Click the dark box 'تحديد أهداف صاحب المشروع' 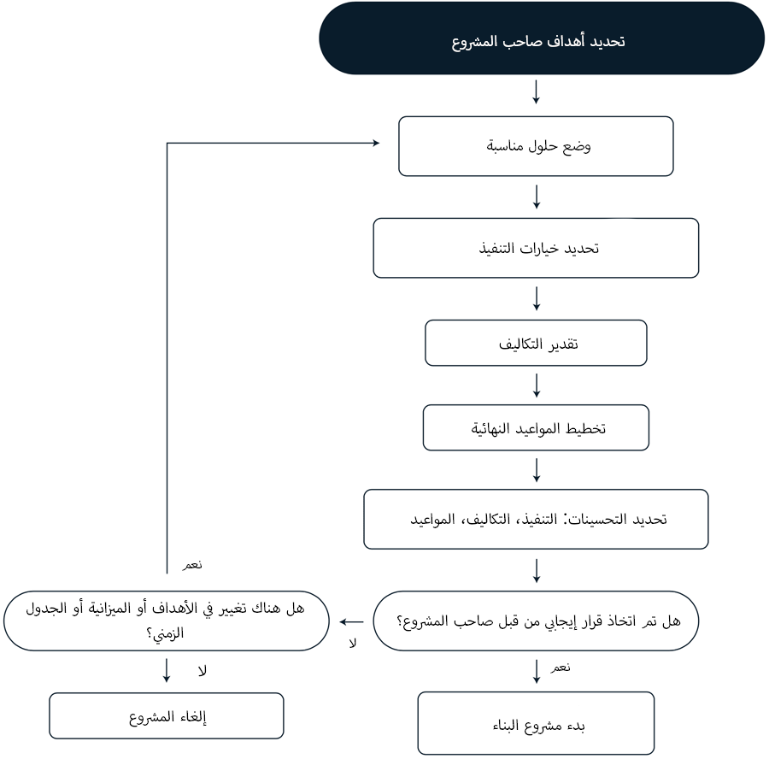coord(542,38)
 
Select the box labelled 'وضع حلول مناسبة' coord(536,146)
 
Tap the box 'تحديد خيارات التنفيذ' coord(536,248)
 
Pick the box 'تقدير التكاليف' coord(536,343)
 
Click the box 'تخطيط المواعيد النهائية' coord(536,428)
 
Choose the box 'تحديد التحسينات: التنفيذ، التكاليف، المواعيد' coord(536,519)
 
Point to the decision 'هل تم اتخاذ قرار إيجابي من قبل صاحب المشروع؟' coord(536,621)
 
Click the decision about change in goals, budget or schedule coord(167,621)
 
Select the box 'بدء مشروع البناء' coord(536,723)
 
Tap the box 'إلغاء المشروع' coord(167,715)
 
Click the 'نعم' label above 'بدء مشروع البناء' coord(560,668)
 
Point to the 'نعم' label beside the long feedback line coord(192,565)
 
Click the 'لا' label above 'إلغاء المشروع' coord(202,671)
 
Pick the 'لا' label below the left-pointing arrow coord(353,644)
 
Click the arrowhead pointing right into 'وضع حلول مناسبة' coord(376,144)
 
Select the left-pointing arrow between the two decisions coord(352,621)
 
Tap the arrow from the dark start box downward coord(536,92)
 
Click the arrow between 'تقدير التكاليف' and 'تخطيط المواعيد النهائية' coord(536,385)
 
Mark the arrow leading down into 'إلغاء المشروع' coord(167,671)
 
